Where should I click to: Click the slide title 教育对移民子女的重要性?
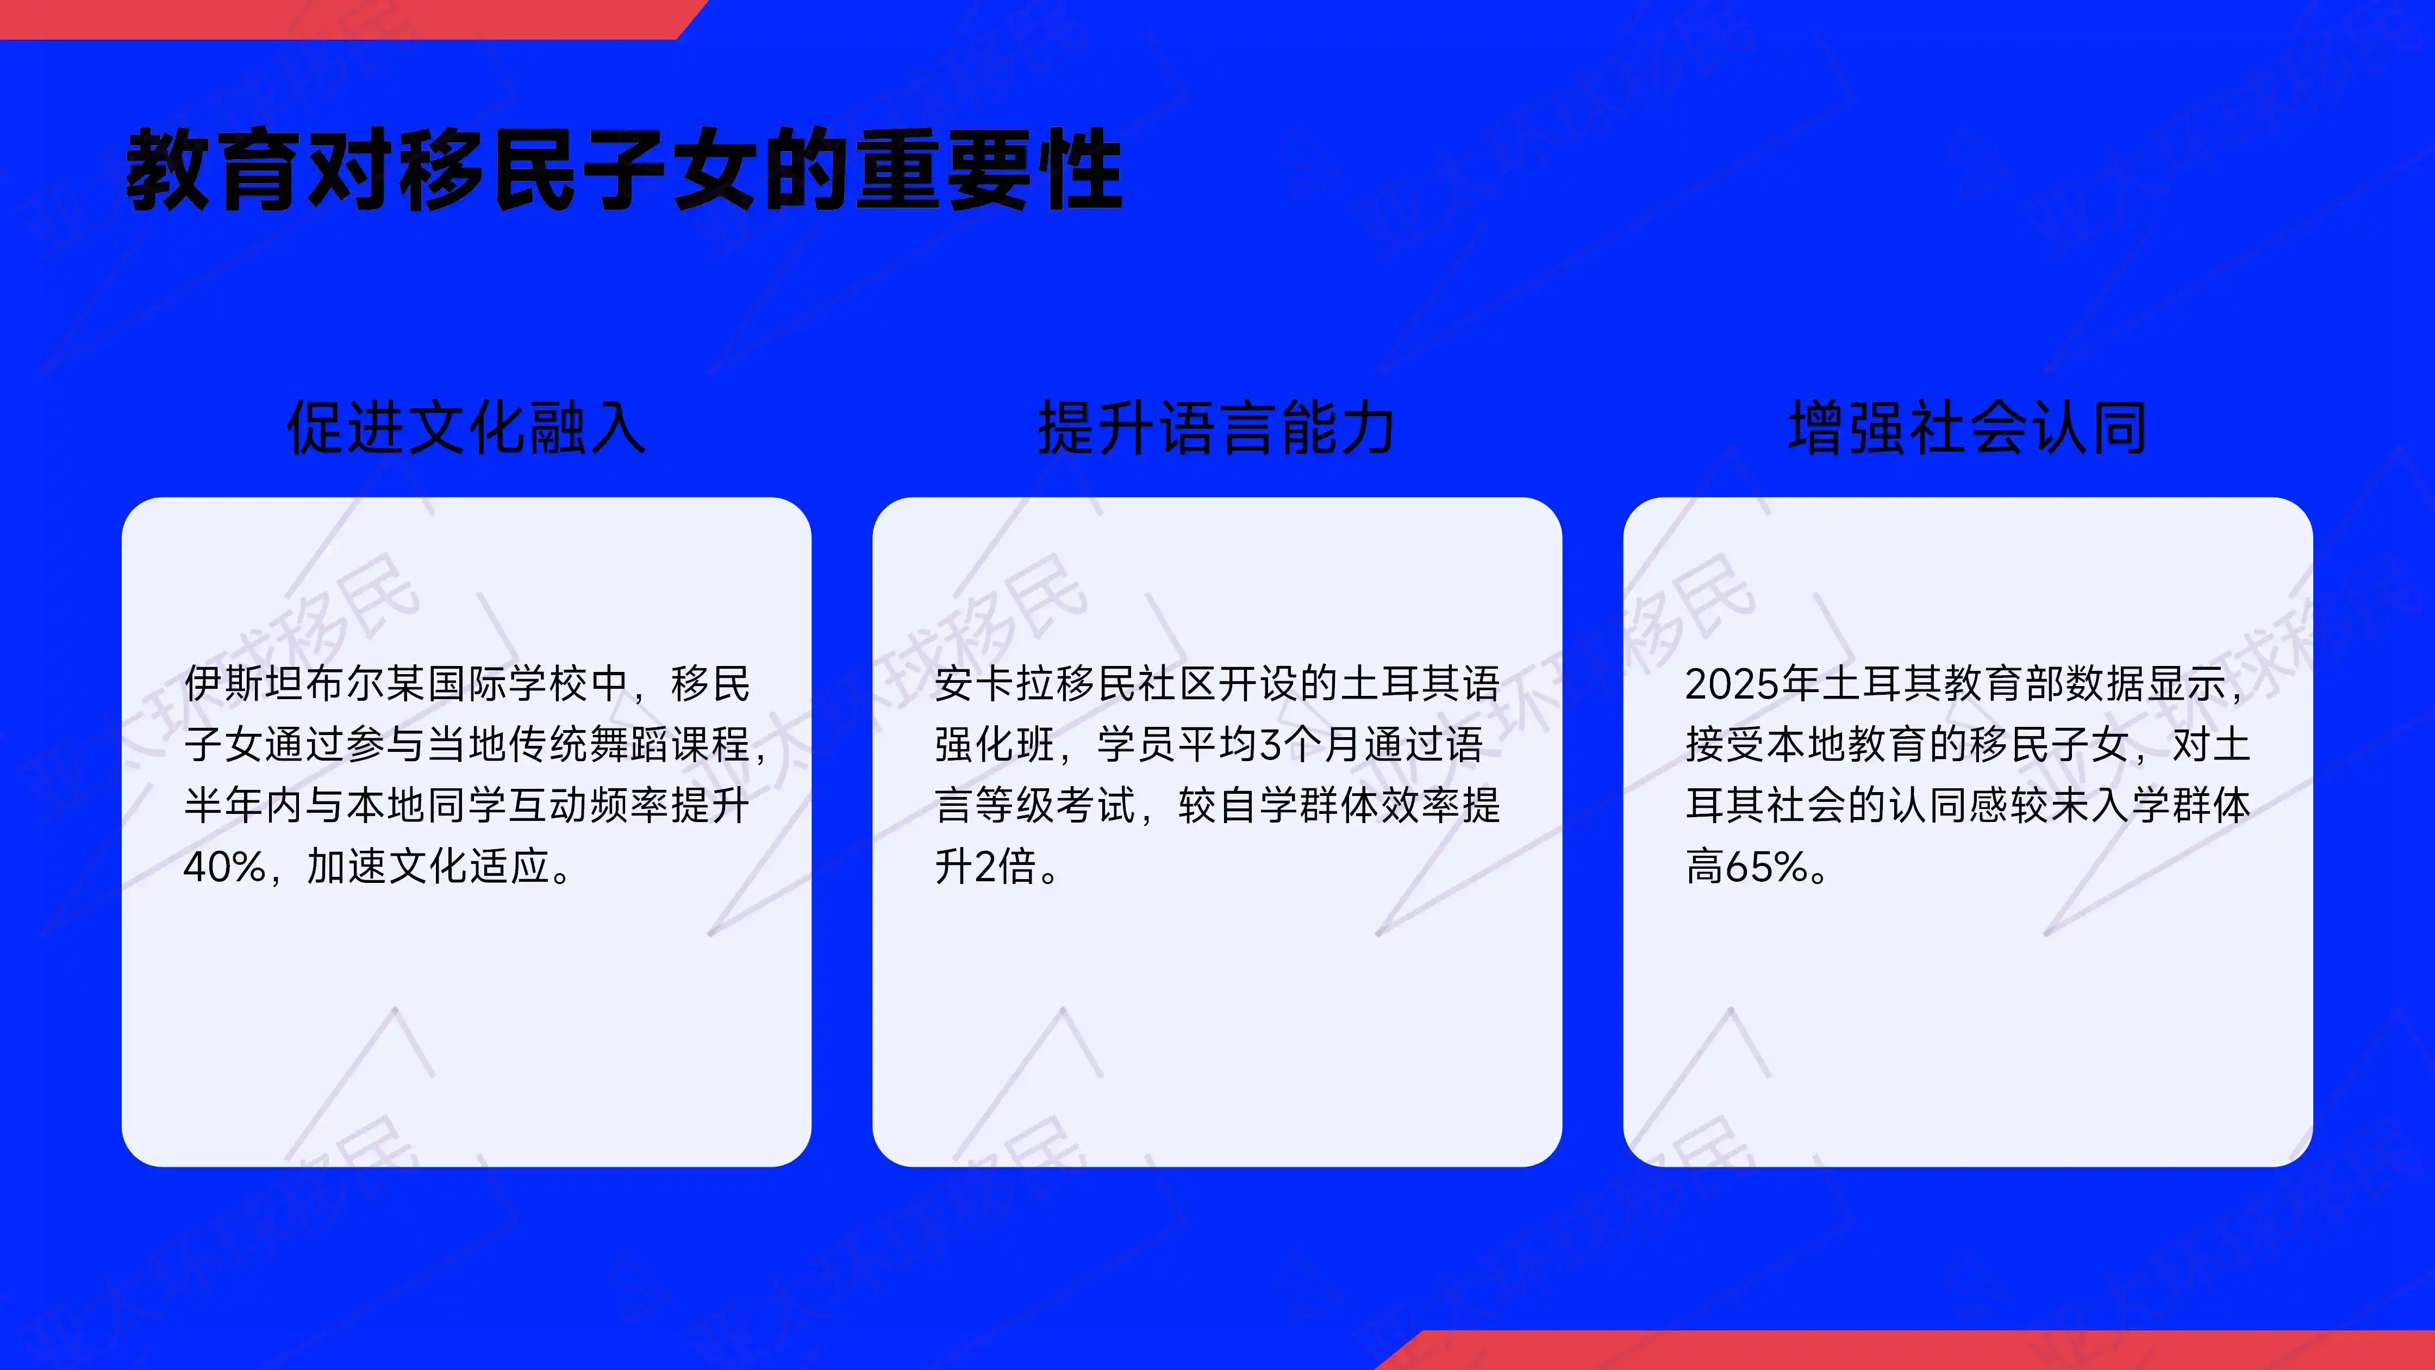tap(624, 170)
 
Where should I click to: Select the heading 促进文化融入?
tap(466, 427)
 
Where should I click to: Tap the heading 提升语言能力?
tap(1216, 427)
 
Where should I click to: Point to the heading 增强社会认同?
tap(1967, 427)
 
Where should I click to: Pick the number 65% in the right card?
tap(1766, 866)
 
